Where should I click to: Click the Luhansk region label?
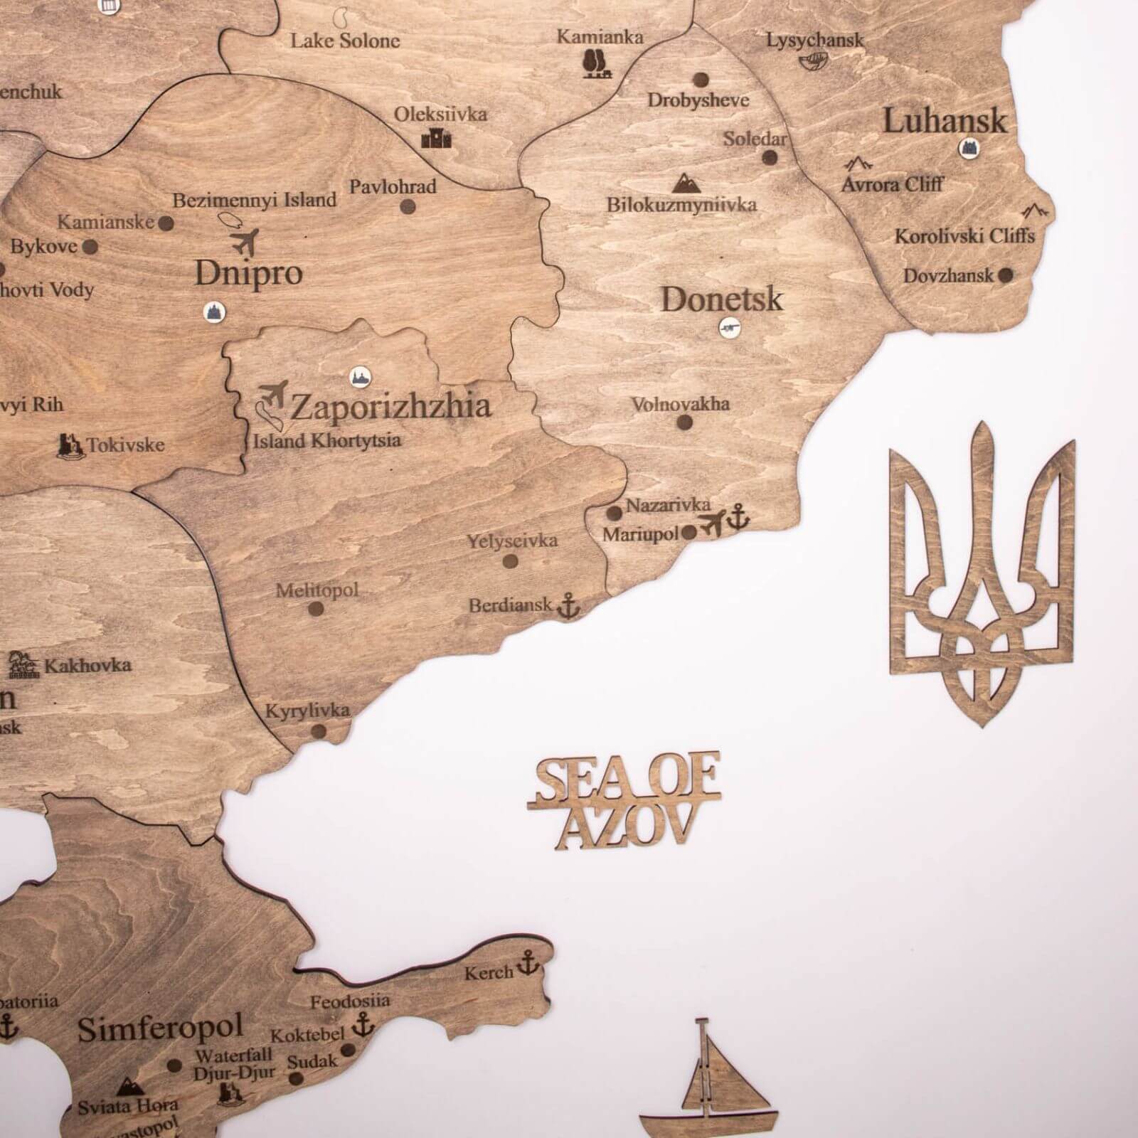[x=945, y=120]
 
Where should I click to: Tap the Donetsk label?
[x=722, y=299]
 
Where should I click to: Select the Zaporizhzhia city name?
[x=390, y=407]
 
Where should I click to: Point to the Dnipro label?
[x=249, y=272]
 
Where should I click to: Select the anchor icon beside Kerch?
[x=526, y=964]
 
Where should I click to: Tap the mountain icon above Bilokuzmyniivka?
[x=686, y=184]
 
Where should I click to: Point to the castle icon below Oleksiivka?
[x=436, y=137]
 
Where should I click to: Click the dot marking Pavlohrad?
[x=408, y=207]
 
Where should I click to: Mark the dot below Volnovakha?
[x=685, y=422]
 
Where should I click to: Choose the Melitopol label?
[x=317, y=590]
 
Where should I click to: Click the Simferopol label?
[x=160, y=1029]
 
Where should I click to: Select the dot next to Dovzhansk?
[x=1005, y=275]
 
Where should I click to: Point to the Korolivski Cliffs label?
[x=964, y=235]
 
